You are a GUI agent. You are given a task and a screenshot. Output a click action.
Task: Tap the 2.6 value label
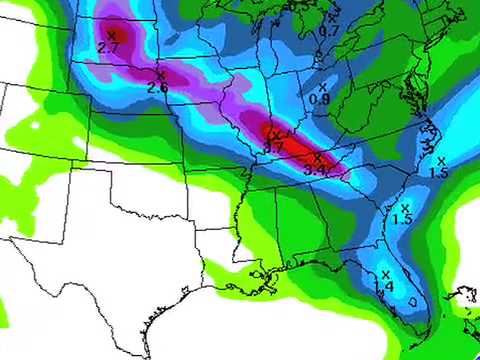pos(157,87)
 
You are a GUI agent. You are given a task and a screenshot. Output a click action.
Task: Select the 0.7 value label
pos(329,31)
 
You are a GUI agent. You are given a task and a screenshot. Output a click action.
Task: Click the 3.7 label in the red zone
pos(273,147)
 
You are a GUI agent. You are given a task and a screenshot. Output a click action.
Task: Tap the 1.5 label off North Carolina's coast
pos(438,173)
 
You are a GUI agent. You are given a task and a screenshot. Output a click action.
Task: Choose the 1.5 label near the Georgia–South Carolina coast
pos(402,219)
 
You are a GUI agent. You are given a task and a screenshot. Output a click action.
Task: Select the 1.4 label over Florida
pos(382,287)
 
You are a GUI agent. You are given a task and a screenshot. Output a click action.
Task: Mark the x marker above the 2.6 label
pos(161,74)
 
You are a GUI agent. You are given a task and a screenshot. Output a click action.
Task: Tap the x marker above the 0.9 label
pos(322,87)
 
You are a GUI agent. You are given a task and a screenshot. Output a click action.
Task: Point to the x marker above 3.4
pos(317,157)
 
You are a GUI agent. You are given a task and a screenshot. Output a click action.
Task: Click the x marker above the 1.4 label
pos(385,274)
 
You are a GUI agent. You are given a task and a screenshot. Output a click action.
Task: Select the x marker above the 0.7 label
pos(333,18)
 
